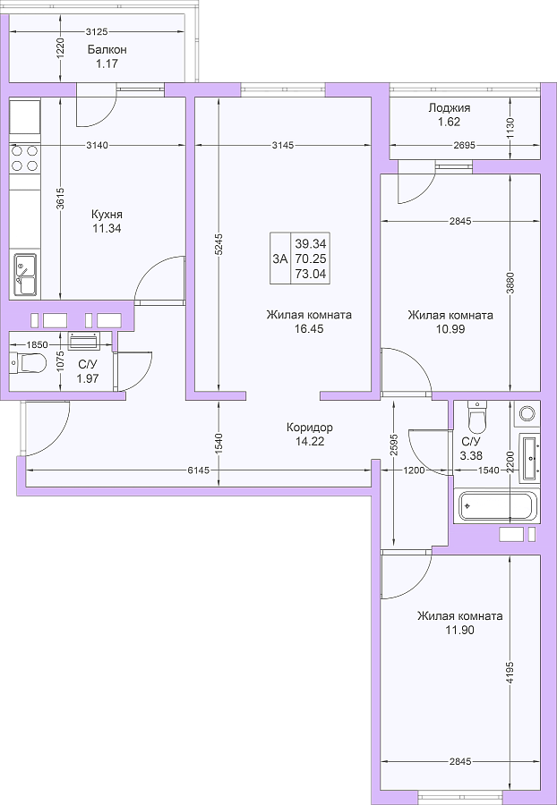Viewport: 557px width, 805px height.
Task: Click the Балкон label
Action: [107, 50]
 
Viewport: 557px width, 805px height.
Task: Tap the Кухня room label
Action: [107, 214]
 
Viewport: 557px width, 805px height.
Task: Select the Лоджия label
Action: [450, 108]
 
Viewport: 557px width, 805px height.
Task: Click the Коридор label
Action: [309, 428]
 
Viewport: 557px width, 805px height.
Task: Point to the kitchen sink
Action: [25, 275]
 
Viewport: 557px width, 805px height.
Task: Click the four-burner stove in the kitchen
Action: [25, 158]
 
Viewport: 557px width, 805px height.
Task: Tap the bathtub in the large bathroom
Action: [496, 505]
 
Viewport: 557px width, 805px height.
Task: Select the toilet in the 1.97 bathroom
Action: [29, 362]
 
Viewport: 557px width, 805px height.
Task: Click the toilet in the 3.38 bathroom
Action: [476, 417]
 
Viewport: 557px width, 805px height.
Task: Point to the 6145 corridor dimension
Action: [199, 470]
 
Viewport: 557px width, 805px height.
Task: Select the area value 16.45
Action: [309, 329]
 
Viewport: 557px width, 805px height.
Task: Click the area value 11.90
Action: [460, 630]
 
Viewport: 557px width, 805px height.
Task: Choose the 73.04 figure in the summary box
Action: [311, 275]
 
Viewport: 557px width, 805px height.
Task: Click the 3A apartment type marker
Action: [280, 258]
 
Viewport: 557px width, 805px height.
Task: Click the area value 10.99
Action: [450, 329]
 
